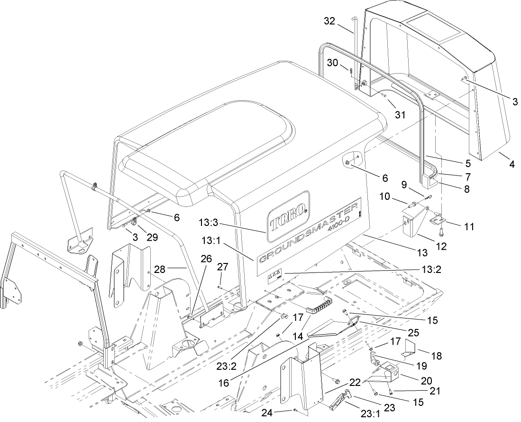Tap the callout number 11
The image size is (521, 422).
(469, 226)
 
